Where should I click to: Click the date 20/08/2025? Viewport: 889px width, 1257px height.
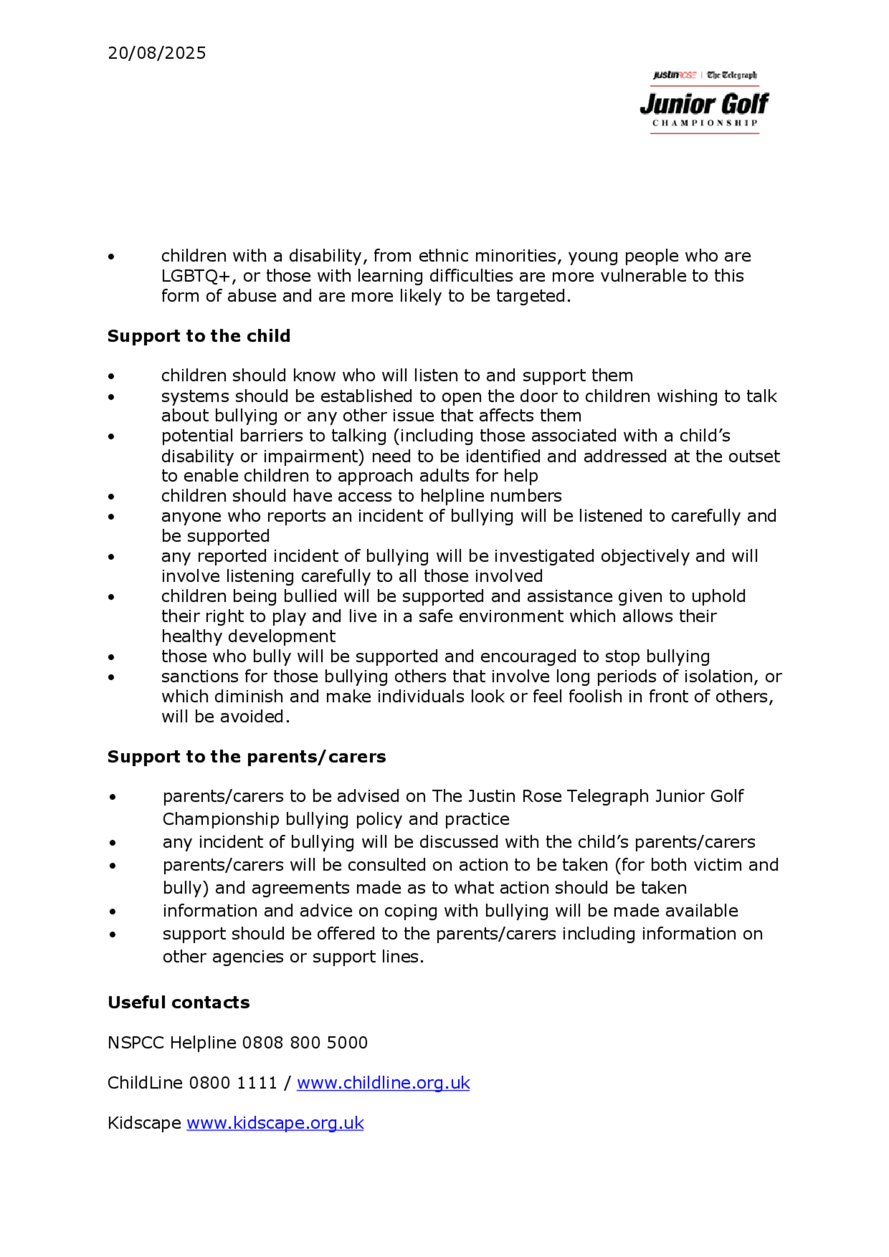[156, 53]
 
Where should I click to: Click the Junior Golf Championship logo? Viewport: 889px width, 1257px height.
[705, 102]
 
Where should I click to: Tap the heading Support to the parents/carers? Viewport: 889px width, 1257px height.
[247, 757]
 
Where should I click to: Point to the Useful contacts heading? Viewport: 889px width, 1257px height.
[179, 1002]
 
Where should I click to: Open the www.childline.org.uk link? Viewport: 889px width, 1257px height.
[383, 1083]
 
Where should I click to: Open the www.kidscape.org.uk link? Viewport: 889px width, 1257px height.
[275, 1123]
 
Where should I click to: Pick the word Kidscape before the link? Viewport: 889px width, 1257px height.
[144, 1123]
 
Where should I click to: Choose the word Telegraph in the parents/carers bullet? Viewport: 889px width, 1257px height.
[608, 796]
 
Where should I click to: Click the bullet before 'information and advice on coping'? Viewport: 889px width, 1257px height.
[112, 912]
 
